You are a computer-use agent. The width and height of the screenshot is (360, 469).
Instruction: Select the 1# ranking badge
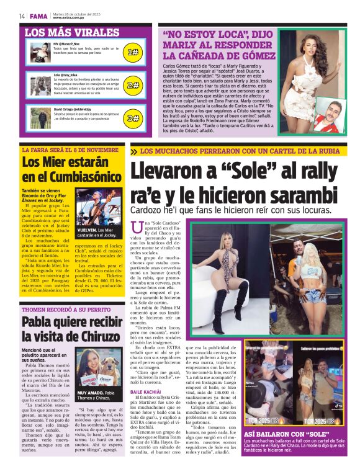[132, 53]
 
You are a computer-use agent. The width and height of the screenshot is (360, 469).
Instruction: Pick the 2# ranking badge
[132, 85]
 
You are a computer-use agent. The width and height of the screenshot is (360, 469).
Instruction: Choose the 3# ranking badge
[132, 118]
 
